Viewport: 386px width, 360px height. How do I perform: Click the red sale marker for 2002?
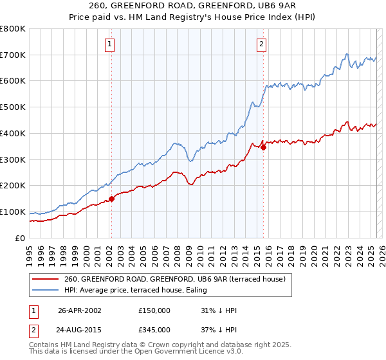(x=111, y=199)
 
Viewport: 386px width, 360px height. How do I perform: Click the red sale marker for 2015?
(x=263, y=147)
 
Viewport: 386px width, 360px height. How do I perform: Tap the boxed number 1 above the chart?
(x=110, y=44)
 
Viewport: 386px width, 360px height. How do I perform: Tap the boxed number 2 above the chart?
(x=262, y=44)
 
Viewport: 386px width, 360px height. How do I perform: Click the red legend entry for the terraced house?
(x=179, y=279)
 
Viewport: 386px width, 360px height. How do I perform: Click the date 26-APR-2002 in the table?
(x=80, y=310)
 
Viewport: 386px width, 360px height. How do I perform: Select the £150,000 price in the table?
(x=154, y=310)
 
